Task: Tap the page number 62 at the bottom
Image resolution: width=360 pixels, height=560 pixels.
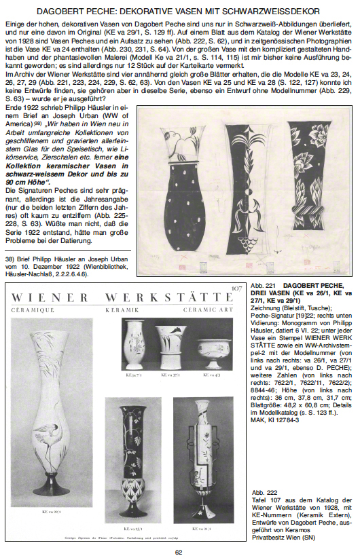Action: [x=179, y=551]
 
